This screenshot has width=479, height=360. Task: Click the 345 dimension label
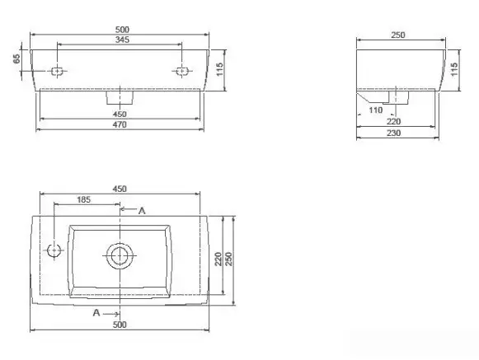(122, 40)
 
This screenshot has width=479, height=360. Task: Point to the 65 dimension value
(16, 58)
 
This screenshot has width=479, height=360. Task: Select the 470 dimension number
(120, 124)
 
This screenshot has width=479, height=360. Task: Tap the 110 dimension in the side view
(376, 110)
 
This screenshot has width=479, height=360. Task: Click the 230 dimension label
(394, 133)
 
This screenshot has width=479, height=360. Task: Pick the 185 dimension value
(84, 199)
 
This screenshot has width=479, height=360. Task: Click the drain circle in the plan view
(120, 256)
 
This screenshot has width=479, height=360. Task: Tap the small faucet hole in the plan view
(54, 250)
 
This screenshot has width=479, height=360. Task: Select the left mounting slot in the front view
(57, 72)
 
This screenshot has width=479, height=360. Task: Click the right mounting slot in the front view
(181, 72)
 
